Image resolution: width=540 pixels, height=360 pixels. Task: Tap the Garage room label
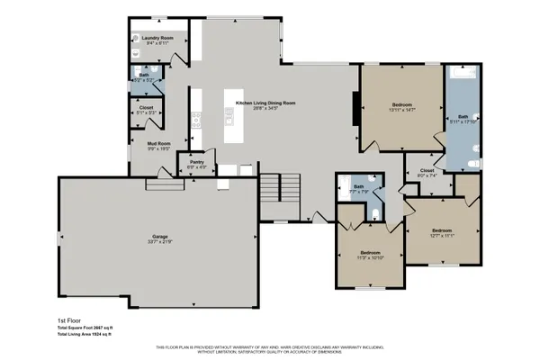pyautogui.click(x=159, y=237)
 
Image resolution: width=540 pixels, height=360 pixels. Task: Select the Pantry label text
pyautogui.click(x=197, y=162)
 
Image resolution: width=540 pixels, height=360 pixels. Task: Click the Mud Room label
pyautogui.click(x=158, y=142)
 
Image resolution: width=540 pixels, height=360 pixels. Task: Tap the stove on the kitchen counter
pyautogui.click(x=197, y=116)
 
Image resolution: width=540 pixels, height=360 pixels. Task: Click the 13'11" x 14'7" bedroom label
pyautogui.click(x=401, y=105)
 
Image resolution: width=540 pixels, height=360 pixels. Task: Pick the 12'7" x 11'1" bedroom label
pyautogui.click(x=441, y=230)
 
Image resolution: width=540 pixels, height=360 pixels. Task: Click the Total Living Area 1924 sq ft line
pyautogui.click(x=84, y=334)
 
